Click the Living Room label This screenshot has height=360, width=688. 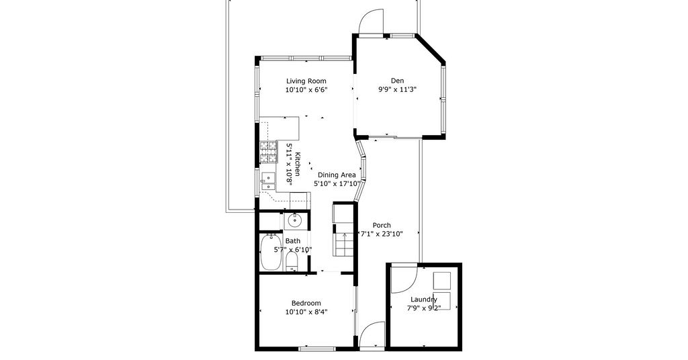pos(306,81)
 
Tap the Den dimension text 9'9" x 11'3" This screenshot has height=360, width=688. pos(398,89)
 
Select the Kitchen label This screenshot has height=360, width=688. pos(298,164)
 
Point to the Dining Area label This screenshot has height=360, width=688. pos(337,175)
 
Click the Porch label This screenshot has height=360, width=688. pos(382,226)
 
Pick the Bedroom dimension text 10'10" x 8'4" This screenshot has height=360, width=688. pos(306,312)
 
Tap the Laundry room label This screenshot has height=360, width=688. pos(424,300)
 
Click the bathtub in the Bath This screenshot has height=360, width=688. pos(271,253)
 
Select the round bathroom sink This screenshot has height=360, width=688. pos(294,221)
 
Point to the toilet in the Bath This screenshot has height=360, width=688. pos(292,262)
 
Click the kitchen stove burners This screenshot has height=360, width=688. pos(269,152)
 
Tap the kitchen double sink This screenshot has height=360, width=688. pos(267,181)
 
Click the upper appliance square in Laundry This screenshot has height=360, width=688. pos(442,280)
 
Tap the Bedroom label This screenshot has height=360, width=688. pos(306,303)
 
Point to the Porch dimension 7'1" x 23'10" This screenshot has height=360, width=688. pos(382,234)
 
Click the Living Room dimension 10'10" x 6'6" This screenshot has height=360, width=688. pos(306,90)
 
